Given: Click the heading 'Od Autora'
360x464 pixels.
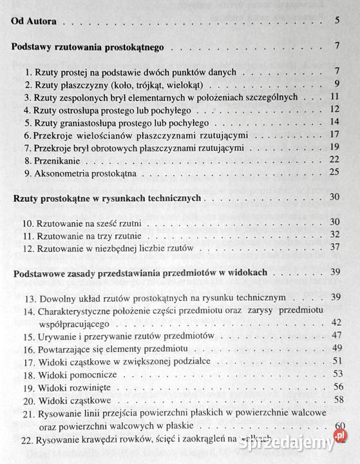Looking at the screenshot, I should [x=35, y=21].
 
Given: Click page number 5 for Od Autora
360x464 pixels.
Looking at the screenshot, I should [x=337, y=21].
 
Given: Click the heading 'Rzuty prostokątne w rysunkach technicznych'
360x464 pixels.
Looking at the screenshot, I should [x=109, y=197].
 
